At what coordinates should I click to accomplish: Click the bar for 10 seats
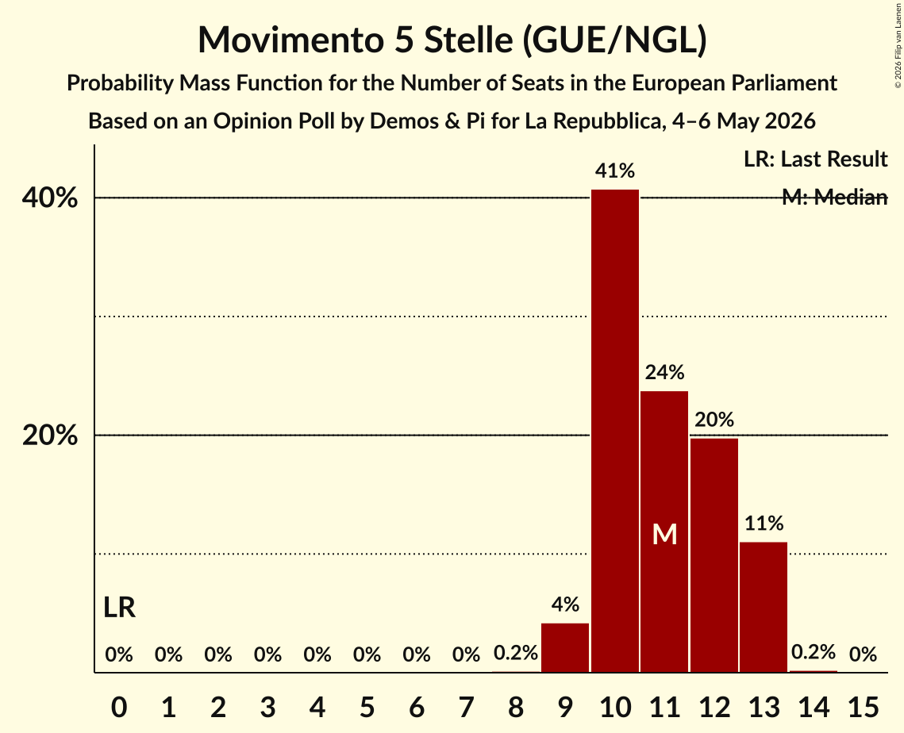coord(615,431)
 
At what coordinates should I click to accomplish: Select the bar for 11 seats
coord(665,532)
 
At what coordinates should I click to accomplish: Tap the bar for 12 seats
coord(714,555)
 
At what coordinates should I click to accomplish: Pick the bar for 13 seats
coord(764,608)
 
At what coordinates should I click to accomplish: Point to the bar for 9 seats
coord(566,647)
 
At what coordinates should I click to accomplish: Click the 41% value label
coord(615,171)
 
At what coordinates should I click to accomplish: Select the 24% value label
coord(665,372)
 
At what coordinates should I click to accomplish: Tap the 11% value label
coord(764,524)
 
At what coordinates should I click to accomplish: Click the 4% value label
coord(566,604)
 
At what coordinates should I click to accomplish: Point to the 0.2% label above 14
coord(814,652)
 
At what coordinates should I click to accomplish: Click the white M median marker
coord(665,535)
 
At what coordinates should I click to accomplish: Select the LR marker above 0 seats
coord(119,608)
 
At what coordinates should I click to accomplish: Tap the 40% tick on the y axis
coord(49,198)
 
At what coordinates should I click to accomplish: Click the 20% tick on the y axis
coord(49,435)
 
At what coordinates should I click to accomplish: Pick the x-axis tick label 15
coord(863,707)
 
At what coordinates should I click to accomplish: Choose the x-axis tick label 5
coord(367,707)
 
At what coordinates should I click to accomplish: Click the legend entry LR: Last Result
coord(815,159)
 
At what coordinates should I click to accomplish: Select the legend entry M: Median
coord(834,197)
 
